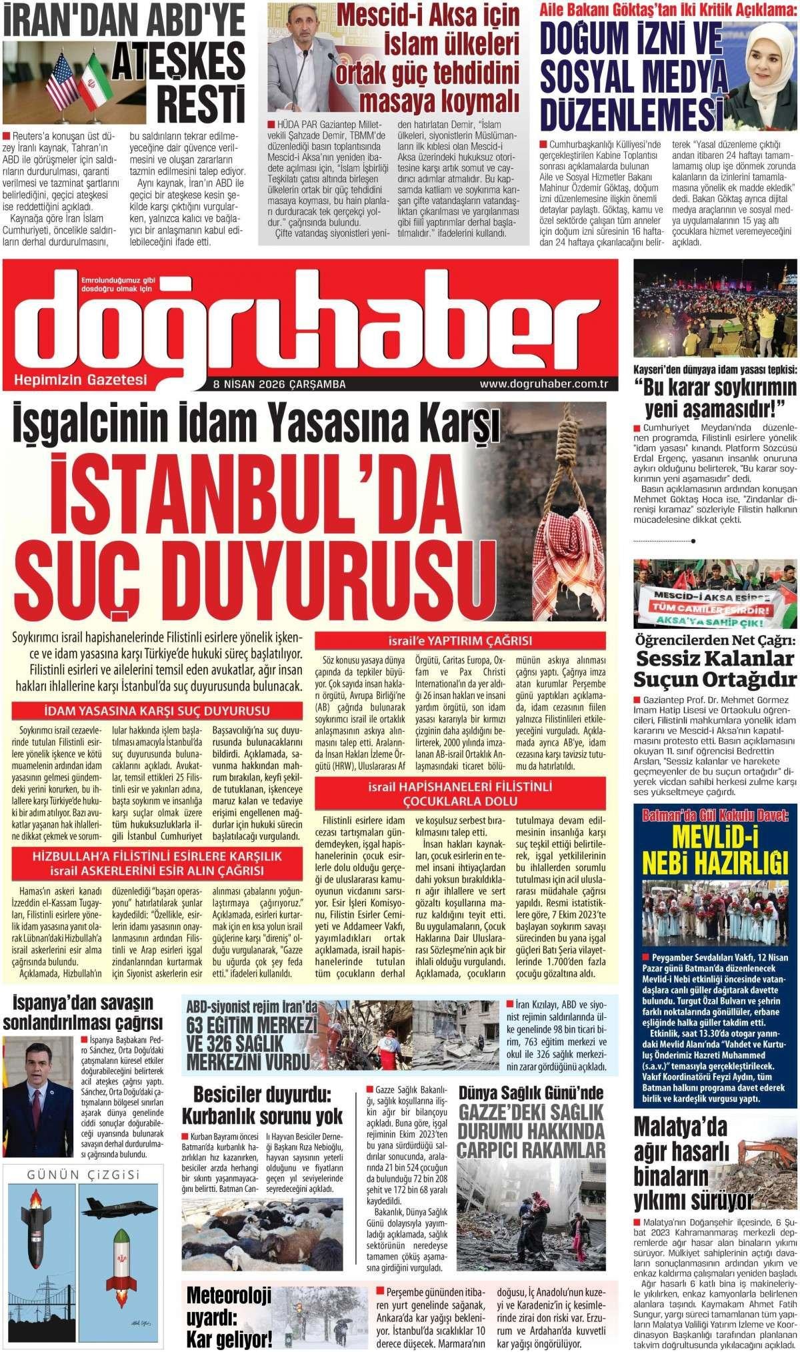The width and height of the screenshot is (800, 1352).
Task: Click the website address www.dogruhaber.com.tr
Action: (x=545, y=384)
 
